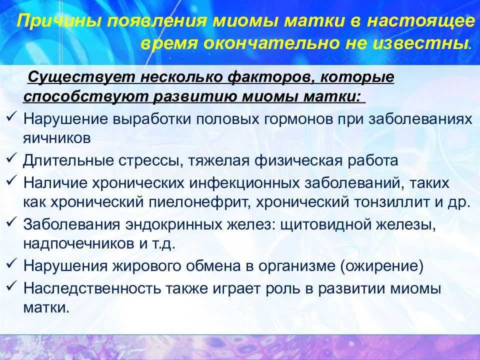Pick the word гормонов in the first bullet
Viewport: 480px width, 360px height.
298,119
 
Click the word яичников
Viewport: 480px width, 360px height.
57,138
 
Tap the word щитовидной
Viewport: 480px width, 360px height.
321,225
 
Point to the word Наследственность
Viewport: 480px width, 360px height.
92,288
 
